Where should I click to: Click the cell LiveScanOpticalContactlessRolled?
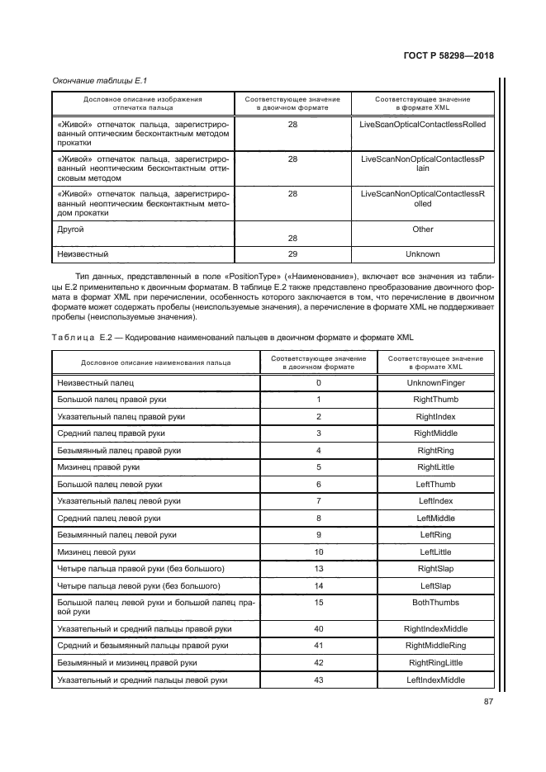point(423,124)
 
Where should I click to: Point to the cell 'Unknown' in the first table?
point(423,254)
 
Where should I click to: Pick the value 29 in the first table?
point(292,254)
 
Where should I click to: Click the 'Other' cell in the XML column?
point(423,230)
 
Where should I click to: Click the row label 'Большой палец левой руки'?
point(109,484)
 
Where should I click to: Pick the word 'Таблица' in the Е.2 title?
point(74,338)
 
